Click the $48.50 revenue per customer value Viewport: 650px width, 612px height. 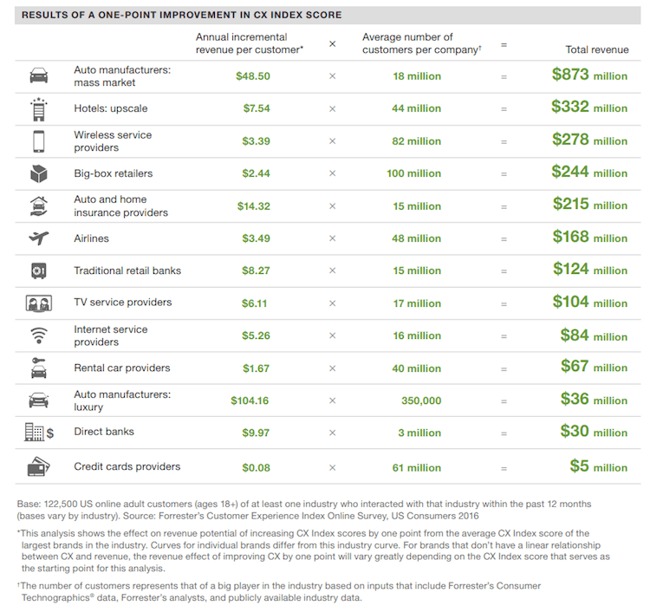tap(253, 76)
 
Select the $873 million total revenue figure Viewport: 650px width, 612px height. tap(589, 75)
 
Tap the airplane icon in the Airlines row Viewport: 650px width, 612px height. tap(38, 238)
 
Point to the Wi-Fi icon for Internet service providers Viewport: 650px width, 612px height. tap(38, 335)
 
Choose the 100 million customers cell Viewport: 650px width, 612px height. tap(413, 173)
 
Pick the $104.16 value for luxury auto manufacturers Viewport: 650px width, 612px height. tap(250, 400)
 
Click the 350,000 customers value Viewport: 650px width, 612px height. tap(421, 400)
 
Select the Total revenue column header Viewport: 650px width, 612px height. tap(596, 50)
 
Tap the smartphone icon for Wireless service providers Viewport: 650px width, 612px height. tap(38, 140)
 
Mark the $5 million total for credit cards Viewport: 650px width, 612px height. tap(598, 466)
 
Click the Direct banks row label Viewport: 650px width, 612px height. tap(104, 432)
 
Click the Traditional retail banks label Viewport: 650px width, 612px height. tap(127, 270)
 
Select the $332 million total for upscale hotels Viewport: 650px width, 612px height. tap(589, 107)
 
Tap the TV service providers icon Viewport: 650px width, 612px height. tap(38, 303)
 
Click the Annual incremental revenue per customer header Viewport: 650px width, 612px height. tap(250, 43)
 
